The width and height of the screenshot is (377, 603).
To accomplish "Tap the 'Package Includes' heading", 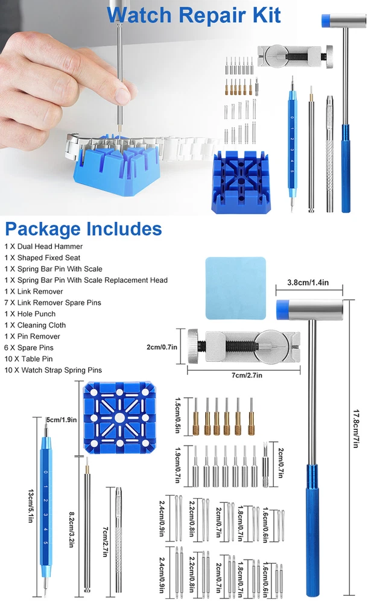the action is [x=83, y=229].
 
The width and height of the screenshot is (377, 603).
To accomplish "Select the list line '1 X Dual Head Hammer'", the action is [x=43, y=247].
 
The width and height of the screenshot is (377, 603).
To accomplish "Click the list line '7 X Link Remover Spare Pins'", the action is [x=52, y=303].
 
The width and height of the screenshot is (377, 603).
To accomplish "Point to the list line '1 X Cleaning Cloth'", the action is [x=35, y=325].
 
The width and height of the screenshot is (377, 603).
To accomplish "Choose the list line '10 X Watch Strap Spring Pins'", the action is [x=53, y=370].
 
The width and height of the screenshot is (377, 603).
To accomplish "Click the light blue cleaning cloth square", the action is [x=235, y=288].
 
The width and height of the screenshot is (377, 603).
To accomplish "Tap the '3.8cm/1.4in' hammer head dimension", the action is [x=308, y=283].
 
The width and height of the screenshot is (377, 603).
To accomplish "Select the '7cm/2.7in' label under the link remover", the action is [x=247, y=375].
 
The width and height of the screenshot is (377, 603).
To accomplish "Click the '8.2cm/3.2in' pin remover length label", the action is [x=72, y=529].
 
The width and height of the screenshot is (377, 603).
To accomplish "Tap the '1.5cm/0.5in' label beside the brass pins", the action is [x=178, y=415].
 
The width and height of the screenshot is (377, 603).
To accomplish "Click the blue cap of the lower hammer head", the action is [x=283, y=309].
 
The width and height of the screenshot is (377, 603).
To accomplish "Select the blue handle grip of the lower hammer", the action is [x=312, y=530].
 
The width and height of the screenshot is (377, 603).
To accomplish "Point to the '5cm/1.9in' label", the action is [x=62, y=420].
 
